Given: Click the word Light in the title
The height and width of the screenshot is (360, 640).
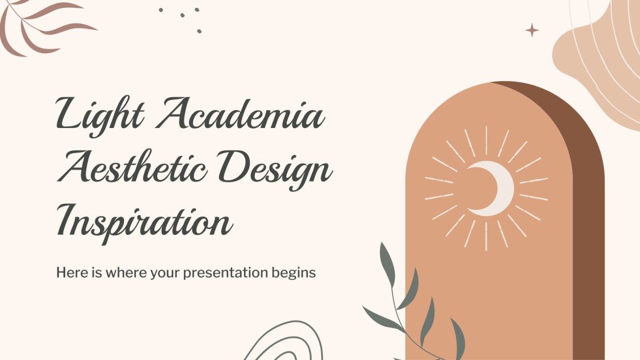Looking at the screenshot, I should click(100, 114).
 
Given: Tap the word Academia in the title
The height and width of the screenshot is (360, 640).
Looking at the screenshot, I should click(240, 114).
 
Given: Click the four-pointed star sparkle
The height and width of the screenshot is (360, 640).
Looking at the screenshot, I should click(532, 30).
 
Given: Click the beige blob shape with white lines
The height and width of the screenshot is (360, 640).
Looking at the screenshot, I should click(600, 51).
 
